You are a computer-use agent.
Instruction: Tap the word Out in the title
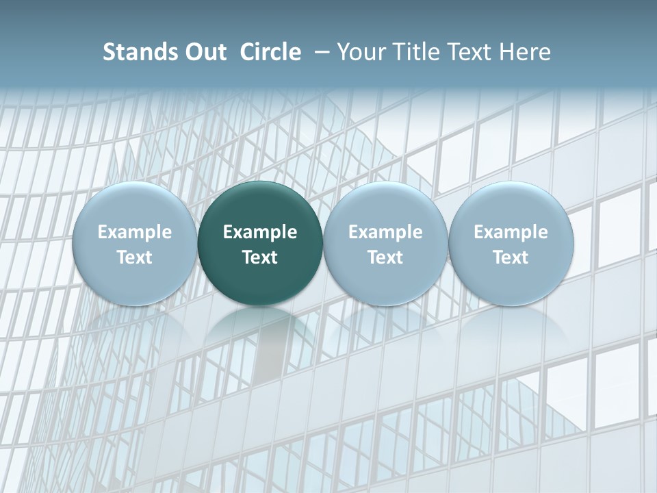(203, 52)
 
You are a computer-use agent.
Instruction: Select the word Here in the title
(527, 52)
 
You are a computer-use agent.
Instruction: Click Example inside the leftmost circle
(135, 232)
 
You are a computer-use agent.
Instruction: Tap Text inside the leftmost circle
(135, 257)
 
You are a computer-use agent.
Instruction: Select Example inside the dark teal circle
(260, 232)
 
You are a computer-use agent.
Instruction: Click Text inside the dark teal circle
(260, 257)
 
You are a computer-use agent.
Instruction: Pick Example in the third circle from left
(385, 232)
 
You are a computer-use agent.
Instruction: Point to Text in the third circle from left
(385, 257)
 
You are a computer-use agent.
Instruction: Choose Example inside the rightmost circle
(511, 232)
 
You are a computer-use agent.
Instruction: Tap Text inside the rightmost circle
(511, 257)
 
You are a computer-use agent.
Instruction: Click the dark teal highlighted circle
(260, 205)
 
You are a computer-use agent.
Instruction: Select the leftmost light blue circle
(135, 205)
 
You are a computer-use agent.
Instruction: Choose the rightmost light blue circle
(511, 205)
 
